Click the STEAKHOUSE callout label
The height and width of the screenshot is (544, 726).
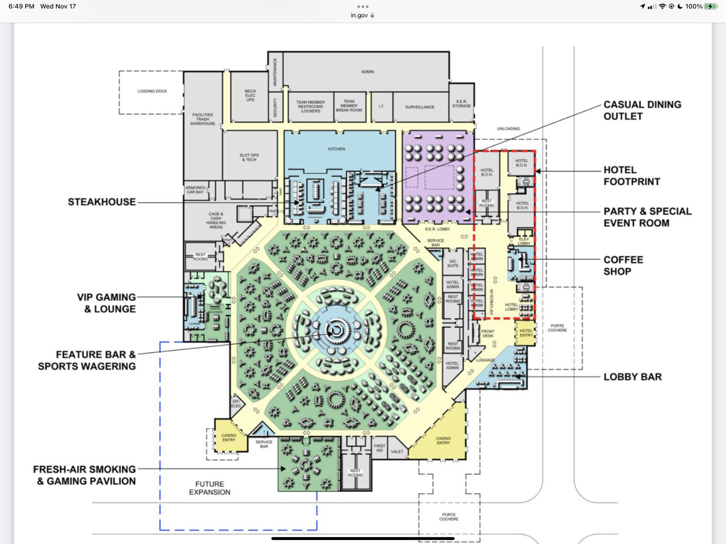pyautogui.click(x=102, y=202)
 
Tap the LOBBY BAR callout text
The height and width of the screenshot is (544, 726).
pyautogui.click(x=632, y=377)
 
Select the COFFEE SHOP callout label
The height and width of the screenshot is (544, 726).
pyautogui.click(x=623, y=266)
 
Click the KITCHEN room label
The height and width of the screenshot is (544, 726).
pyautogui.click(x=337, y=149)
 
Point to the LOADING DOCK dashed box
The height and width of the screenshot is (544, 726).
pyautogui.click(x=151, y=92)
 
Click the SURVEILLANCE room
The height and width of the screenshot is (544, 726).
pyautogui.click(x=420, y=107)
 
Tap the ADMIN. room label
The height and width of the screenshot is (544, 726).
pyautogui.click(x=368, y=72)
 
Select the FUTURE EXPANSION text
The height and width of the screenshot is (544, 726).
pyautogui.click(x=210, y=488)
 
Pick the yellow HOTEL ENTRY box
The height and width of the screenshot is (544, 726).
pyautogui.click(x=526, y=333)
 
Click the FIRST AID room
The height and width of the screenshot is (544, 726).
pyautogui.click(x=379, y=448)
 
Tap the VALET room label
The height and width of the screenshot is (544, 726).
pyautogui.click(x=397, y=452)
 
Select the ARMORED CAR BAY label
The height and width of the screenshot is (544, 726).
pyautogui.click(x=195, y=190)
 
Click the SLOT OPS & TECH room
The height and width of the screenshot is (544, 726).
pyautogui.click(x=249, y=157)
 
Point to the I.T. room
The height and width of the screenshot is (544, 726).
pyautogui.click(x=381, y=106)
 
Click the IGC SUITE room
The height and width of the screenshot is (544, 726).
pyautogui.click(x=453, y=263)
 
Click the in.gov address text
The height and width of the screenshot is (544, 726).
pyautogui.click(x=359, y=15)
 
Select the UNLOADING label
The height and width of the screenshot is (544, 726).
pyautogui.click(x=508, y=129)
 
